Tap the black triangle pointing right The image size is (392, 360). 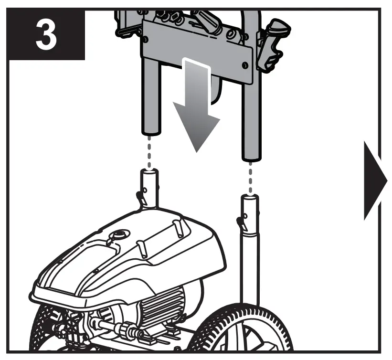pyautogui.click(x=374, y=181)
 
